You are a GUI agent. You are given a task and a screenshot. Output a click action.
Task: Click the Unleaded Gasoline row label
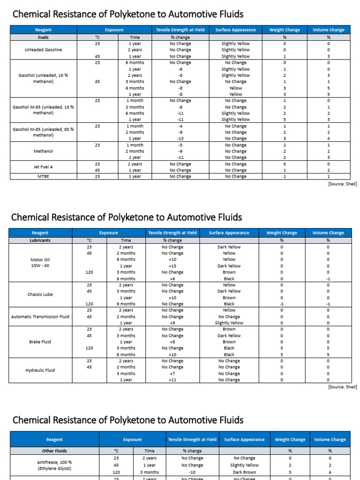point(43,50)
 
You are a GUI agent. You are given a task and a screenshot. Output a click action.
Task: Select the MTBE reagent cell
point(43,177)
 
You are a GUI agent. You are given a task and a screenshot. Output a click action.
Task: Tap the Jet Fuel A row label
point(43,167)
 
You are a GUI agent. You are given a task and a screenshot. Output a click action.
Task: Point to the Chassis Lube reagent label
point(40,294)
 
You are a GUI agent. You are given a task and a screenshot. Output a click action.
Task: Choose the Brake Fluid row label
point(40,342)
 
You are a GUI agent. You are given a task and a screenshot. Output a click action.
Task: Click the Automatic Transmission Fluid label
point(40,316)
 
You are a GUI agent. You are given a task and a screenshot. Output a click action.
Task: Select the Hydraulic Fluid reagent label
point(40,370)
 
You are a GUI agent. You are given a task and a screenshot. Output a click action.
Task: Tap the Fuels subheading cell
point(43,37)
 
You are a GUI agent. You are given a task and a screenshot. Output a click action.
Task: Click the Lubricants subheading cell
point(40,240)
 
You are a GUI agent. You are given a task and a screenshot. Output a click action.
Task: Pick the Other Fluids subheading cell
point(54,450)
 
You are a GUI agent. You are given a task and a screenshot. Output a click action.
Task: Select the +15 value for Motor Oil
point(172,266)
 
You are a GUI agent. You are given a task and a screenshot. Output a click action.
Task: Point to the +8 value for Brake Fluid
point(172,342)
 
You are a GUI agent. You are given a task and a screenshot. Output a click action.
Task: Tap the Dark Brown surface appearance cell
point(244,472)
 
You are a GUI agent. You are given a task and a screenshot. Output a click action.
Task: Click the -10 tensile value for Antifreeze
point(192,472)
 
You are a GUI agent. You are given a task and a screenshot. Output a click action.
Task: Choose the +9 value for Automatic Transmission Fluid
point(172,323)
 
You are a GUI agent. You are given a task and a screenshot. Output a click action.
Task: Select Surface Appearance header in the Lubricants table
point(229,232)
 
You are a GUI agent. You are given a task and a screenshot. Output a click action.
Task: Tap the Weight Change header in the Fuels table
point(284,30)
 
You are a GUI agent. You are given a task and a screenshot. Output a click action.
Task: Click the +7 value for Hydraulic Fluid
point(172,374)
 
